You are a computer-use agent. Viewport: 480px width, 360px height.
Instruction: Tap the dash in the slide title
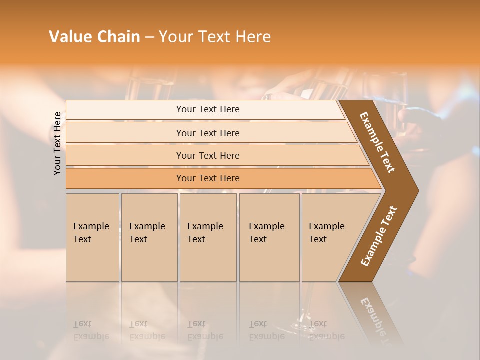pos(149,37)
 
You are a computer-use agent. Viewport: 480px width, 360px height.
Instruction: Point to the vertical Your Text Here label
pos(57,143)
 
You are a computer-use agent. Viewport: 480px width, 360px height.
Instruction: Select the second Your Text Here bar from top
pos(208,133)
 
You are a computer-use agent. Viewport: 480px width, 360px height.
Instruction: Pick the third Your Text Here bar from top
pos(208,155)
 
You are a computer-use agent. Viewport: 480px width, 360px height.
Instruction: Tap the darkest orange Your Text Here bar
pos(208,178)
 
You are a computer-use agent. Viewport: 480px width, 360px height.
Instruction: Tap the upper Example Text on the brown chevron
pos(377,142)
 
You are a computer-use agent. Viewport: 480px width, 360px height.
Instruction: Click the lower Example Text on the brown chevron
pos(378,236)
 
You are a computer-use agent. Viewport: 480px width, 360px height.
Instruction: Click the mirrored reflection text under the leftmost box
pos(91,330)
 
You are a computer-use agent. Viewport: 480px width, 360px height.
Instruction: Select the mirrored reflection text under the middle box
pos(205,330)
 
